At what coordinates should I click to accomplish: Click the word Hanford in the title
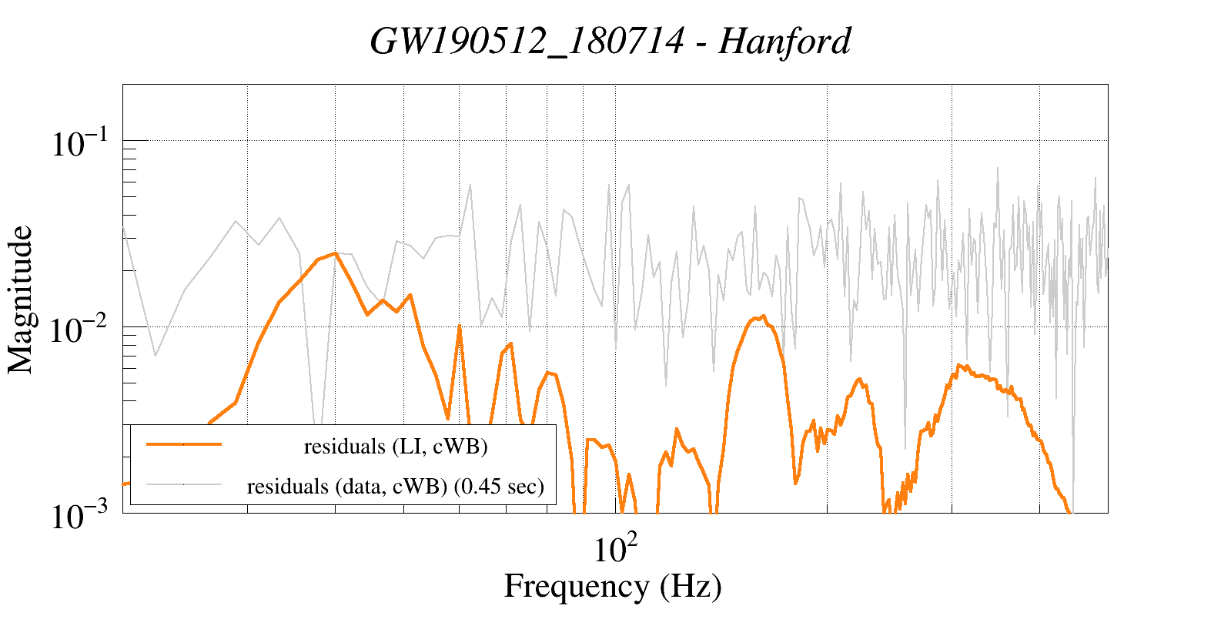click(784, 42)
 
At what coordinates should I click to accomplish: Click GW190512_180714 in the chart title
click(527, 42)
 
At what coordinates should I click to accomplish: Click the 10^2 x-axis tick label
click(615, 550)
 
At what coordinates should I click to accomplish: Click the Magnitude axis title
click(21, 300)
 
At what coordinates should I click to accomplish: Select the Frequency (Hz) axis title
click(613, 587)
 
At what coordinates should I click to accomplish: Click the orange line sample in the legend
click(184, 444)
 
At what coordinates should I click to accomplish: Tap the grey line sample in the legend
click(184, 484)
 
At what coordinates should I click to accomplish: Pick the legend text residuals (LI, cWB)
click(396, 446)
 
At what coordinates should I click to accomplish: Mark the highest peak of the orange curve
click(335, 253)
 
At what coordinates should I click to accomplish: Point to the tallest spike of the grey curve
click(998, 167)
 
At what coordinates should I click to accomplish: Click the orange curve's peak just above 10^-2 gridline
click(763, 316)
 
